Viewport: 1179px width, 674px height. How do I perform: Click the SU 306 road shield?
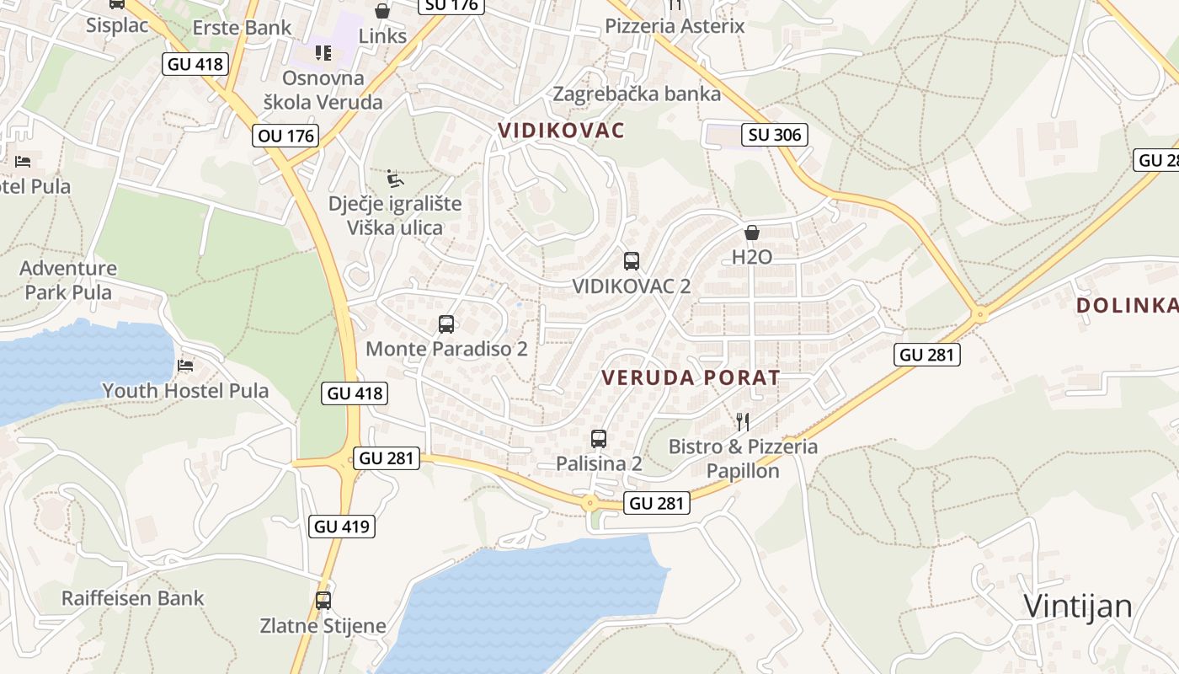tap(775, 135)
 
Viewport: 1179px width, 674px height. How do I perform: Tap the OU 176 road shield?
tap(286, 136)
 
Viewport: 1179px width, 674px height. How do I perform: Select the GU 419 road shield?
tap(342, 527)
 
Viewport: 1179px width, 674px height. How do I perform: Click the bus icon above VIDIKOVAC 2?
tap(632, 261)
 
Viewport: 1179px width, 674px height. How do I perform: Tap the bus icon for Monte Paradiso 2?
tap(446, 324)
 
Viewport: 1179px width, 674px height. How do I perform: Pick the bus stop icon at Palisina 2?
tap(599, 439)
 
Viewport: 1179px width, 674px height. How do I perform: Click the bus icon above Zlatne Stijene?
tap(323, 601)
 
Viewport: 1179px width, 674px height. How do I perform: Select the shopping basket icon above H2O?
tap(752, 233)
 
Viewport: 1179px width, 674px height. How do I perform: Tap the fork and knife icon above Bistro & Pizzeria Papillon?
tap(743, 421)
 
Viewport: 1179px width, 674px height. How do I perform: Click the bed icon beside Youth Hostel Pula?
tap(185, 366)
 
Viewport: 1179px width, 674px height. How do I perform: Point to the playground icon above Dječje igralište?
tap(395, 179)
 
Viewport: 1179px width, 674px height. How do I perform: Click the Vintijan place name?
tap(1078, 606)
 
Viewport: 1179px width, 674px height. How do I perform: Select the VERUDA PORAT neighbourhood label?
tap(691, 377)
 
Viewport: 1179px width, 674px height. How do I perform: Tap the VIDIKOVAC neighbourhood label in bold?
tap(562, 131)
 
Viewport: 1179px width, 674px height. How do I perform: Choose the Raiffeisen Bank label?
tap(133, 598)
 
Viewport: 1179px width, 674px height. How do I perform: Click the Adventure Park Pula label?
tap(68, 281)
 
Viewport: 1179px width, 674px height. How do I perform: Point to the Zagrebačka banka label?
tap(637, 94)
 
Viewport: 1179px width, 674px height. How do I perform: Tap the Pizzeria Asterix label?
tap(675, 26)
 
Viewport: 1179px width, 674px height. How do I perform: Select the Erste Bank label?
tap(243, 28)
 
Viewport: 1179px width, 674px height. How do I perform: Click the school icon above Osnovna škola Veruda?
tap(323, 53)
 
